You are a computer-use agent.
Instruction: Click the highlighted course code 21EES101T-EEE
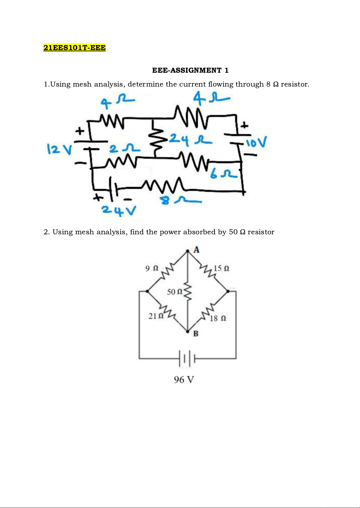point(75,48)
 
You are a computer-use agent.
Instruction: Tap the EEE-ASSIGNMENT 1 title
point(190,70)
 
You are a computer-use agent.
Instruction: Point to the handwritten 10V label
point(256,142)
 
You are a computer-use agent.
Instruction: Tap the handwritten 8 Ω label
point(180,200)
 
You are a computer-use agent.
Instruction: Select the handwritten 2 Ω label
point(124,149)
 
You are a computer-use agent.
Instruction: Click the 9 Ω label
point(152,268)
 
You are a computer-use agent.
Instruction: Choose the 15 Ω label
point(221,268)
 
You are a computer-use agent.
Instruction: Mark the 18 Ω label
point(218,318)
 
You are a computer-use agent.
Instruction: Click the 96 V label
point(184,380)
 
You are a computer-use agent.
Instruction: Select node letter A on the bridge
point(196,250)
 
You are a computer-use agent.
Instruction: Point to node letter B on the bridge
point(196,334)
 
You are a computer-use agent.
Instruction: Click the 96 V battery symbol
point(187,358)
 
